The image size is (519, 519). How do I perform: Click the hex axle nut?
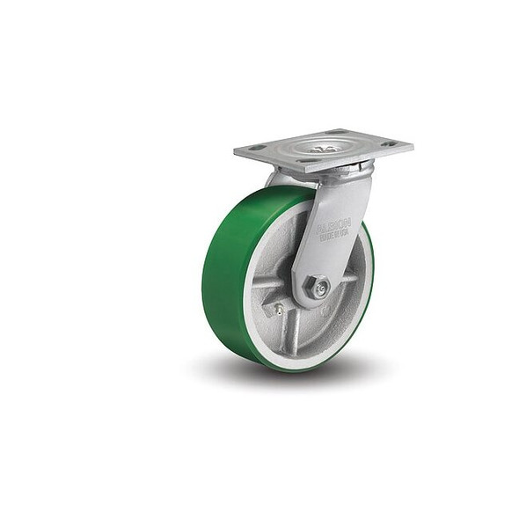[320, 286]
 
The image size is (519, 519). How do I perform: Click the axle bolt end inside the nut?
[321, 287]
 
